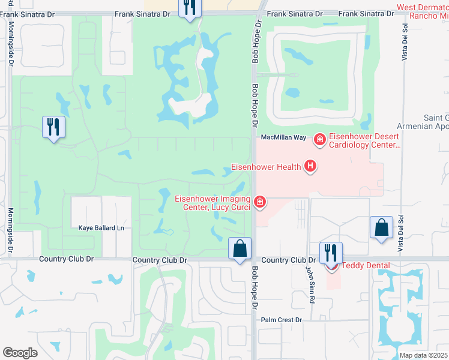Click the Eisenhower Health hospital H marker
pos(310,166)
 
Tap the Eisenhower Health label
pos(266,167)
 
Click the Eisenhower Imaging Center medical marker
pos(260,202)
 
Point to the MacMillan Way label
pos(283,138)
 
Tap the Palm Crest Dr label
pos(281,320)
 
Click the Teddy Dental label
pos(366,265)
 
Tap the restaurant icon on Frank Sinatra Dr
pos(190,8)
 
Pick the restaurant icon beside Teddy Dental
pos(330,252)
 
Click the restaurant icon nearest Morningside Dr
pos(53,127)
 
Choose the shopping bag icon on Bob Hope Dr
pos(240,248)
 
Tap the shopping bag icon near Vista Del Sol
pos(381,227)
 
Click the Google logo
pos(20,353)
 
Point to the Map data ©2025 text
pos(423,355)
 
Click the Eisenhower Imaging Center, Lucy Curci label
pos(212,203)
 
